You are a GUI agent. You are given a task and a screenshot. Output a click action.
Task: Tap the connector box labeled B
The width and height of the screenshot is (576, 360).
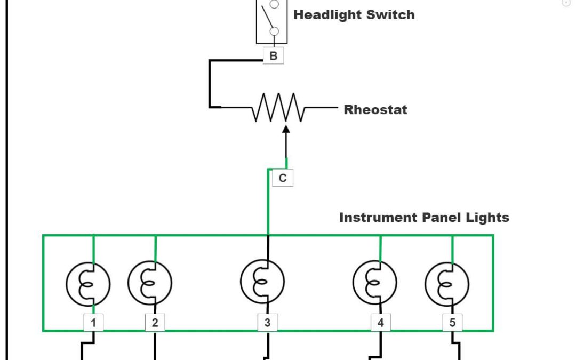tap(274, 55)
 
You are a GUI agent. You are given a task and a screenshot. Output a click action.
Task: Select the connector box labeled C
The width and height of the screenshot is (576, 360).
tap(283, 178)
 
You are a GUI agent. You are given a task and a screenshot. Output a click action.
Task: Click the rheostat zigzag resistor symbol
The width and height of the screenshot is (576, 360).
tap(278, 108)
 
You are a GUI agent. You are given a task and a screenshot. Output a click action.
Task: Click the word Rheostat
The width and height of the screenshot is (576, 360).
tap(375, 110)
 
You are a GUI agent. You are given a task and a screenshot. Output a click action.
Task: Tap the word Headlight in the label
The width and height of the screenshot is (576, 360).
tap(325, 15)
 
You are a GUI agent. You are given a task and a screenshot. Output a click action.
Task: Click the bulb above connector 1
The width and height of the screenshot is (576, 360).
tap(88, 284)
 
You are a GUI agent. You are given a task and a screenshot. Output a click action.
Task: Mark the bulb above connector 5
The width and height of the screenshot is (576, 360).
tap(447, 284)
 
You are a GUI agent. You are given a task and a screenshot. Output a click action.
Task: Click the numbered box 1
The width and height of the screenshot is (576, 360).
tap(93, 322)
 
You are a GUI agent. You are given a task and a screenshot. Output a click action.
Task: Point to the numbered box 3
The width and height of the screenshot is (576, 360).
tap(267, 322)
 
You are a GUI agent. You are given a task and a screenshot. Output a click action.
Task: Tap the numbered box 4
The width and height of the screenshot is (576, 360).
tap(380, 322)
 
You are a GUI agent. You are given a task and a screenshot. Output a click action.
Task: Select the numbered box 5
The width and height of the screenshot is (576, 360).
tap(452, 322)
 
